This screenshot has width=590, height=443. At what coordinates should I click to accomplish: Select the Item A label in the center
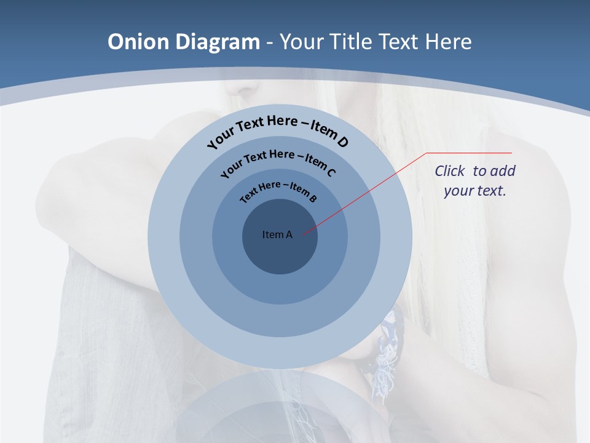pyautogui.click(x=277, y=234)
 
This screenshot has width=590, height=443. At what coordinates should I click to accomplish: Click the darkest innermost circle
pyautogui.click(x=280, y=252)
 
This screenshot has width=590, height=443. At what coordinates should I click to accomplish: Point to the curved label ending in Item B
pyautogui.click(x=278, y=191)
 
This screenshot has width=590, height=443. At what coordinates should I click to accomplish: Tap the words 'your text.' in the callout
pyautogui.click(x=475, y=191)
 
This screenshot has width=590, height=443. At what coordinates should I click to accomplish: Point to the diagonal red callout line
pyautogui.click(x=369, y=191)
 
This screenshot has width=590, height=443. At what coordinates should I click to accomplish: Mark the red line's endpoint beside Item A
pyautogui.click(x=303, y=234)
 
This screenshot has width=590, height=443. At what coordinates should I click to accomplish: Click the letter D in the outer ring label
pyautogui.click(x=343, y=142)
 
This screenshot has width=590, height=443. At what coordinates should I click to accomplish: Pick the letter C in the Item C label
pyautogui.click(x=331, y=172)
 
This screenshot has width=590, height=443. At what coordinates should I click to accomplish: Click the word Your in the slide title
pyautogui.click(x=301, y=42)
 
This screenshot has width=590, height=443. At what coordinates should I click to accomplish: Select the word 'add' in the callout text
pyautogui.click(x=503, y=171)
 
